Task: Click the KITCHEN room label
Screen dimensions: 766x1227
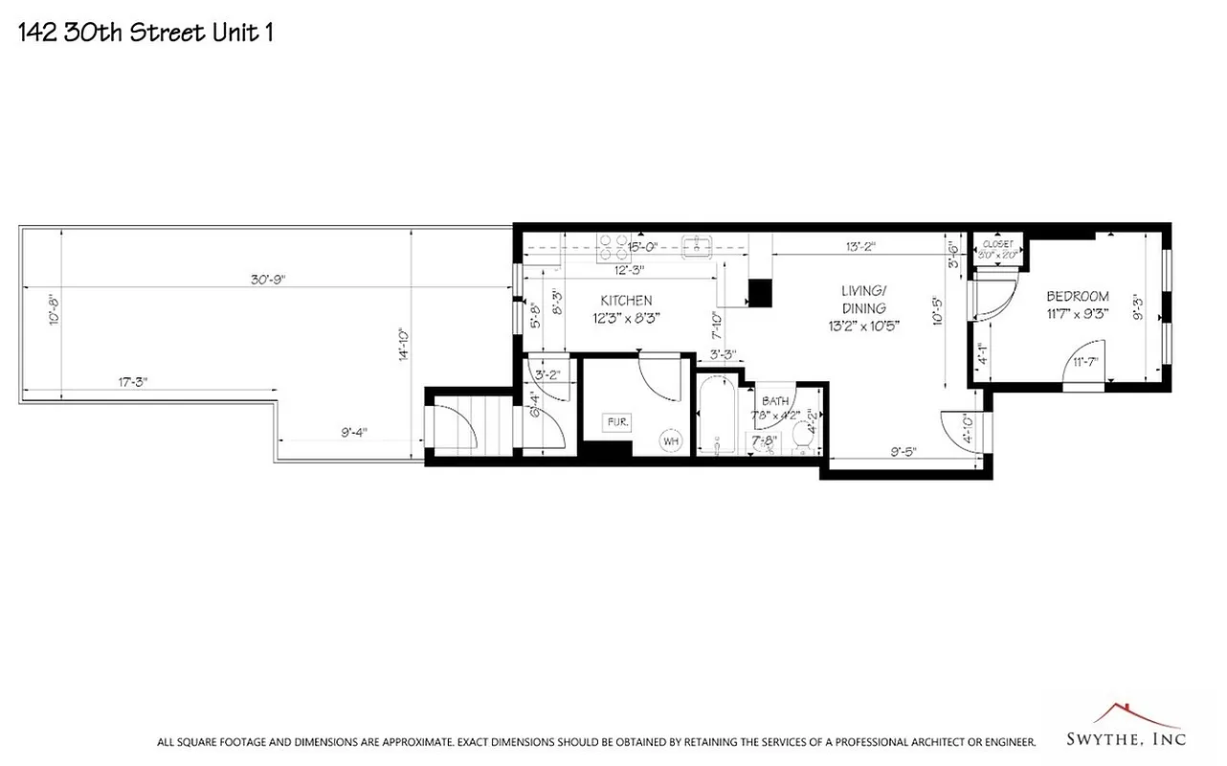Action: pyautogui.click(x=626, y=300)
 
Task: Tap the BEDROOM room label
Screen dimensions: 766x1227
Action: pyautogui.click(x=1077, y=296)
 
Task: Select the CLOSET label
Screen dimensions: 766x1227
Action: pyautogui.click(x=996, y=244)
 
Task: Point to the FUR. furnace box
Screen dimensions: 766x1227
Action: pyautogui.click(x=613, y=421)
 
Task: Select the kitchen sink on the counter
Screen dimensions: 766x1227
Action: pyautogui.click(x=696, y=248)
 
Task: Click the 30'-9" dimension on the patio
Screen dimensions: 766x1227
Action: pyautogui.click(x=268, y=280)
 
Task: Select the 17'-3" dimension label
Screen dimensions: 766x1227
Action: pyautogui.click(x=132, y=381)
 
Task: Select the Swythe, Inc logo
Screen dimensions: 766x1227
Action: pyautogui.click(x=1126, y=728)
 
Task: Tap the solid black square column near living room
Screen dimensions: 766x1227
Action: pyautogui.click(x=760, y=292)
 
